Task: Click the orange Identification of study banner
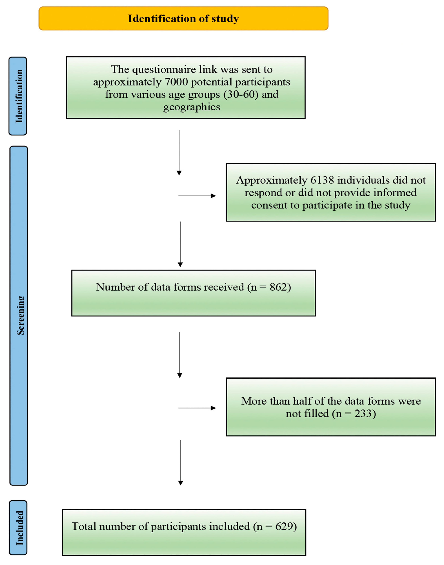point(183,18)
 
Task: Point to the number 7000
point(176,82)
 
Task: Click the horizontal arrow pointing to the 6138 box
point(197,196)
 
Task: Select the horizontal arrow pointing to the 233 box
point(197,408)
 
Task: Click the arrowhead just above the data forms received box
point(180,265)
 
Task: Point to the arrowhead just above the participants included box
point(181,483)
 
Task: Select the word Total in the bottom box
point(84,526)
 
